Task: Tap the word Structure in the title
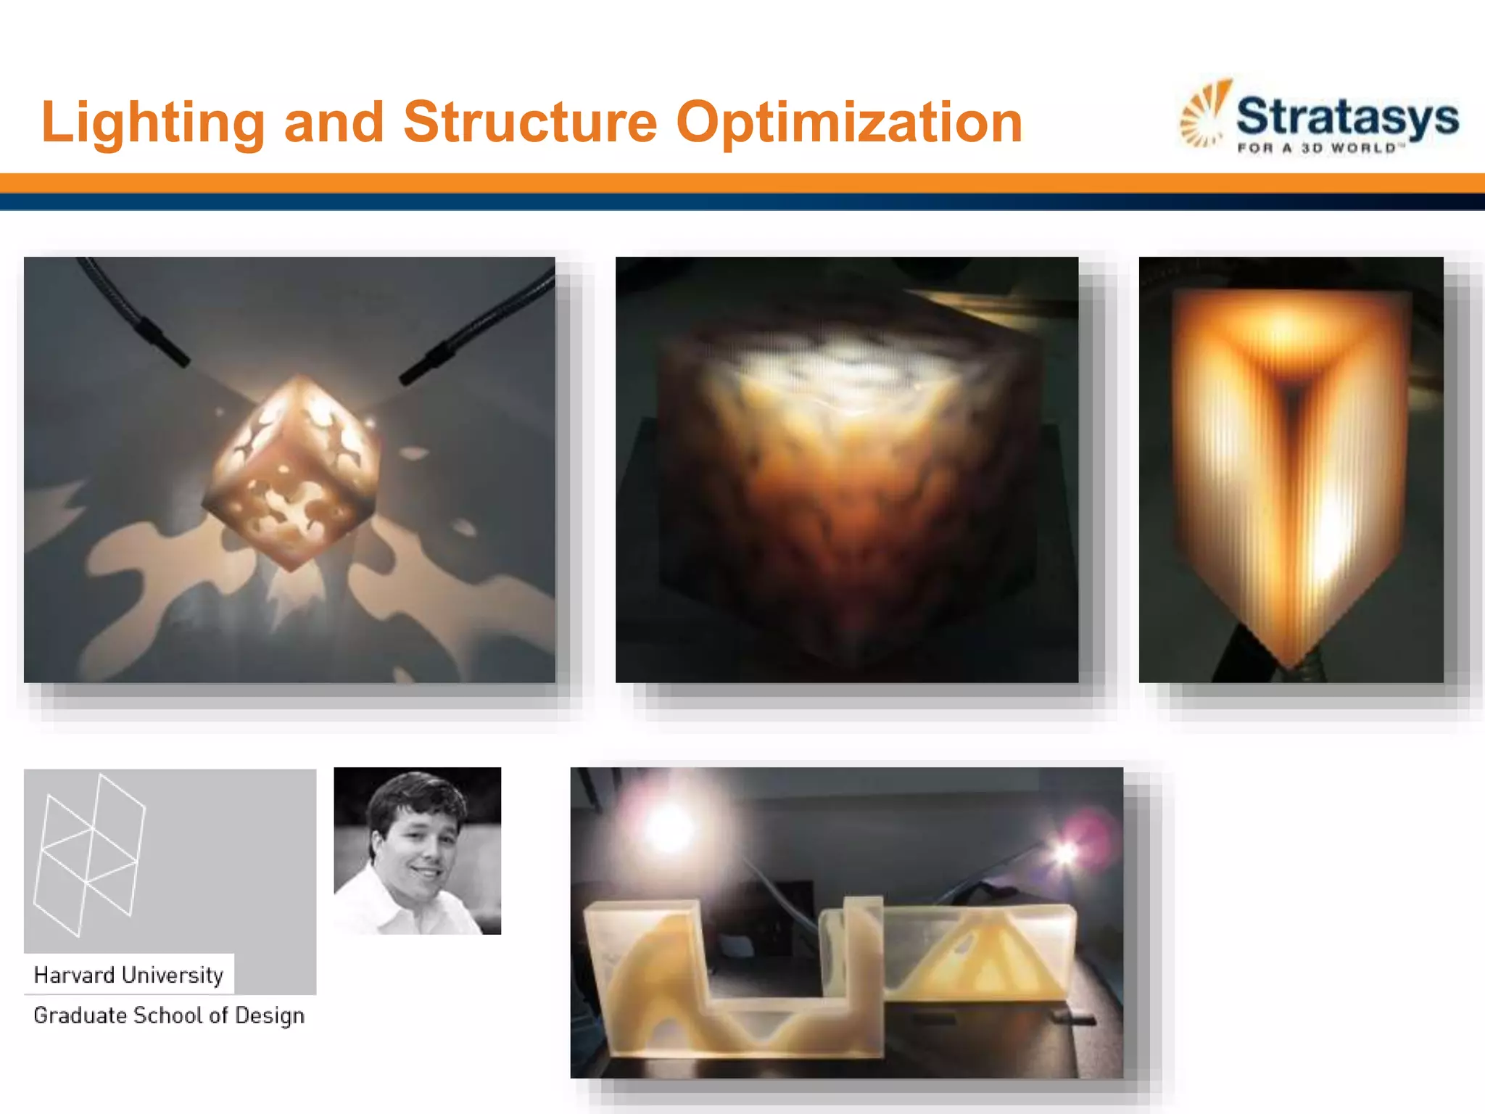pyautogui.click(x=530, y=122)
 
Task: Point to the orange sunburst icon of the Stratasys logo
pyautogui.click(x=1205, y=112)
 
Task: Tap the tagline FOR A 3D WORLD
pyautogui.click(x=1320, y=149)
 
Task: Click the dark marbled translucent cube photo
pyautogui.click(x=846, y=470)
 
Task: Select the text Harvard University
pyautogui.click(x=128, y=975)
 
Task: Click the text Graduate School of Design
pyautogui.click(x=168, y=1015)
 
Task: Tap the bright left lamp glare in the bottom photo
pyautogui.click(x=667, y=827)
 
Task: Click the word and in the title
pyautogui.click(x=334, y=122)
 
